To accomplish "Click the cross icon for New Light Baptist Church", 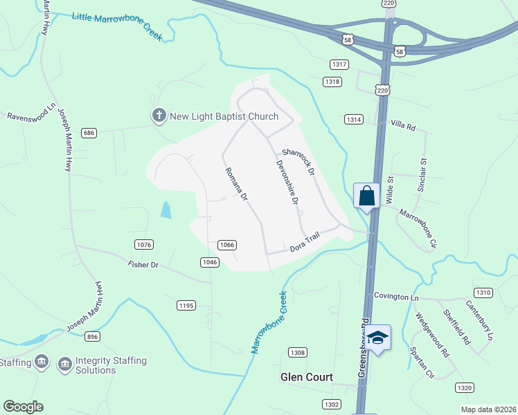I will click(159, 116).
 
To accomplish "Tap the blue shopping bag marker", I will click(366, 196).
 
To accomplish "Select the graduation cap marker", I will click(377, 338).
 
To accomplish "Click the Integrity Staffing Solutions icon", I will click(64, 363).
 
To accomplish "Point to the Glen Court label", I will click(306, 378).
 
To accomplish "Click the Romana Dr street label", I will click(235, 184).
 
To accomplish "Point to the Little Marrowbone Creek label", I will click(117, 26).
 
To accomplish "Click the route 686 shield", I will click(89, 132).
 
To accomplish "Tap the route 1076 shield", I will click(143, 244).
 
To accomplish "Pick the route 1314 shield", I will click(353, 120).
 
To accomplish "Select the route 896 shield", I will click(93, 336).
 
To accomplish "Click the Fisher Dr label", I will click(144, 264).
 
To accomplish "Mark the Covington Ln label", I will click(397, 296).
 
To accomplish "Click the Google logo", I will click(23, 407).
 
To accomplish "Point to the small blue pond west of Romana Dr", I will click(166, 209).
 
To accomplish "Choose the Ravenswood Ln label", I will click(30, 113).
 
